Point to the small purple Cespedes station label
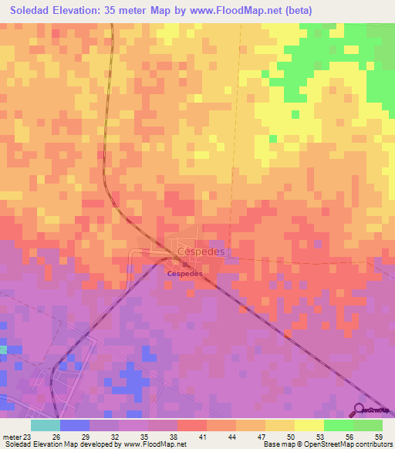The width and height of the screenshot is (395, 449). [185, 273]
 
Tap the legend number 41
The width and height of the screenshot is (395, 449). [206, 436]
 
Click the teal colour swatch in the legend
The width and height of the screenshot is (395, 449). [45, 425]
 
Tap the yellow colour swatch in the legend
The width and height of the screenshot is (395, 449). [309, 425]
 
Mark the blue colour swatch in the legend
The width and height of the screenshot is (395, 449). [74, 425]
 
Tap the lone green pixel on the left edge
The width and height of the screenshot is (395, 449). [2, 350]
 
